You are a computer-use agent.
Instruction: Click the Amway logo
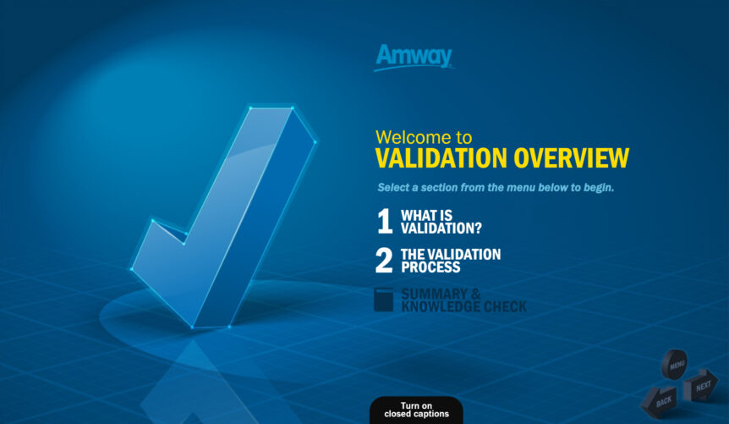click(x=414, y=57)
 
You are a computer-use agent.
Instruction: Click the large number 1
click(x=384, y=222)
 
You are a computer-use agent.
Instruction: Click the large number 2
click(x=384, y=261)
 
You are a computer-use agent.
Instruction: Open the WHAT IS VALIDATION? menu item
click(x=440, y=222)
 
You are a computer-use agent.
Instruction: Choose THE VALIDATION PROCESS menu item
click(x=450, y=261)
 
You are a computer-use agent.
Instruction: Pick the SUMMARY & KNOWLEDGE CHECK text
click(x=463, y=300)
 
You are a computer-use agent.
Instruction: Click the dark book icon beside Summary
click(x=384, y=300)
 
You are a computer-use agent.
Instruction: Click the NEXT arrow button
click(x=702, y=386)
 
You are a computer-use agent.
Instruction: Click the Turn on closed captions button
click(x=416, y=410)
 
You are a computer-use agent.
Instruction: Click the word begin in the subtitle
click(x=597, y=187)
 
